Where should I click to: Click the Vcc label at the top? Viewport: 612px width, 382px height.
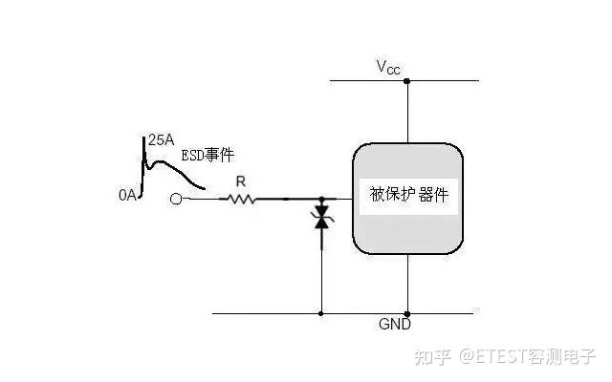point(388,67)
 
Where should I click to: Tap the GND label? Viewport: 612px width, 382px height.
point(395,324)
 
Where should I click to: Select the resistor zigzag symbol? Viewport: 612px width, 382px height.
point(238,200)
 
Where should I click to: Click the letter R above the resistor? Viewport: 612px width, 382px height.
point(241,181)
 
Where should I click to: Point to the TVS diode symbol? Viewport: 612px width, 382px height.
point(321,217)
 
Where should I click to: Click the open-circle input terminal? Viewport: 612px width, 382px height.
point(176,200)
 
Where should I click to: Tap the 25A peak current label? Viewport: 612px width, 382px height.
point(162,140)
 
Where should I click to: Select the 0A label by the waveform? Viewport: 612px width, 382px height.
point(127,195)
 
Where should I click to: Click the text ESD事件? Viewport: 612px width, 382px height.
point(208,155)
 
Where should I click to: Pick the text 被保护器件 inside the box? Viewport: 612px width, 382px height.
point(408,195)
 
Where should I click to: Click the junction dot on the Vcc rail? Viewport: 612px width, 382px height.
point(406,81)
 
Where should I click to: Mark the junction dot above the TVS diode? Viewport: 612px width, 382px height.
point(321,200)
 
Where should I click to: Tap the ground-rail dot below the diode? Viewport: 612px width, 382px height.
point(321,313)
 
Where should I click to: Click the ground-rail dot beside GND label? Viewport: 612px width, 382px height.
point(407,314)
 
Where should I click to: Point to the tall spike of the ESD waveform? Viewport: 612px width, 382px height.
point(143,163)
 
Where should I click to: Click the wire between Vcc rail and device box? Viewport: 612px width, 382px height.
point(408,113)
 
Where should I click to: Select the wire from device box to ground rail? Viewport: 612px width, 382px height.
point(408,284)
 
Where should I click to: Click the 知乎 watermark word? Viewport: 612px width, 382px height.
point(433,356)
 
